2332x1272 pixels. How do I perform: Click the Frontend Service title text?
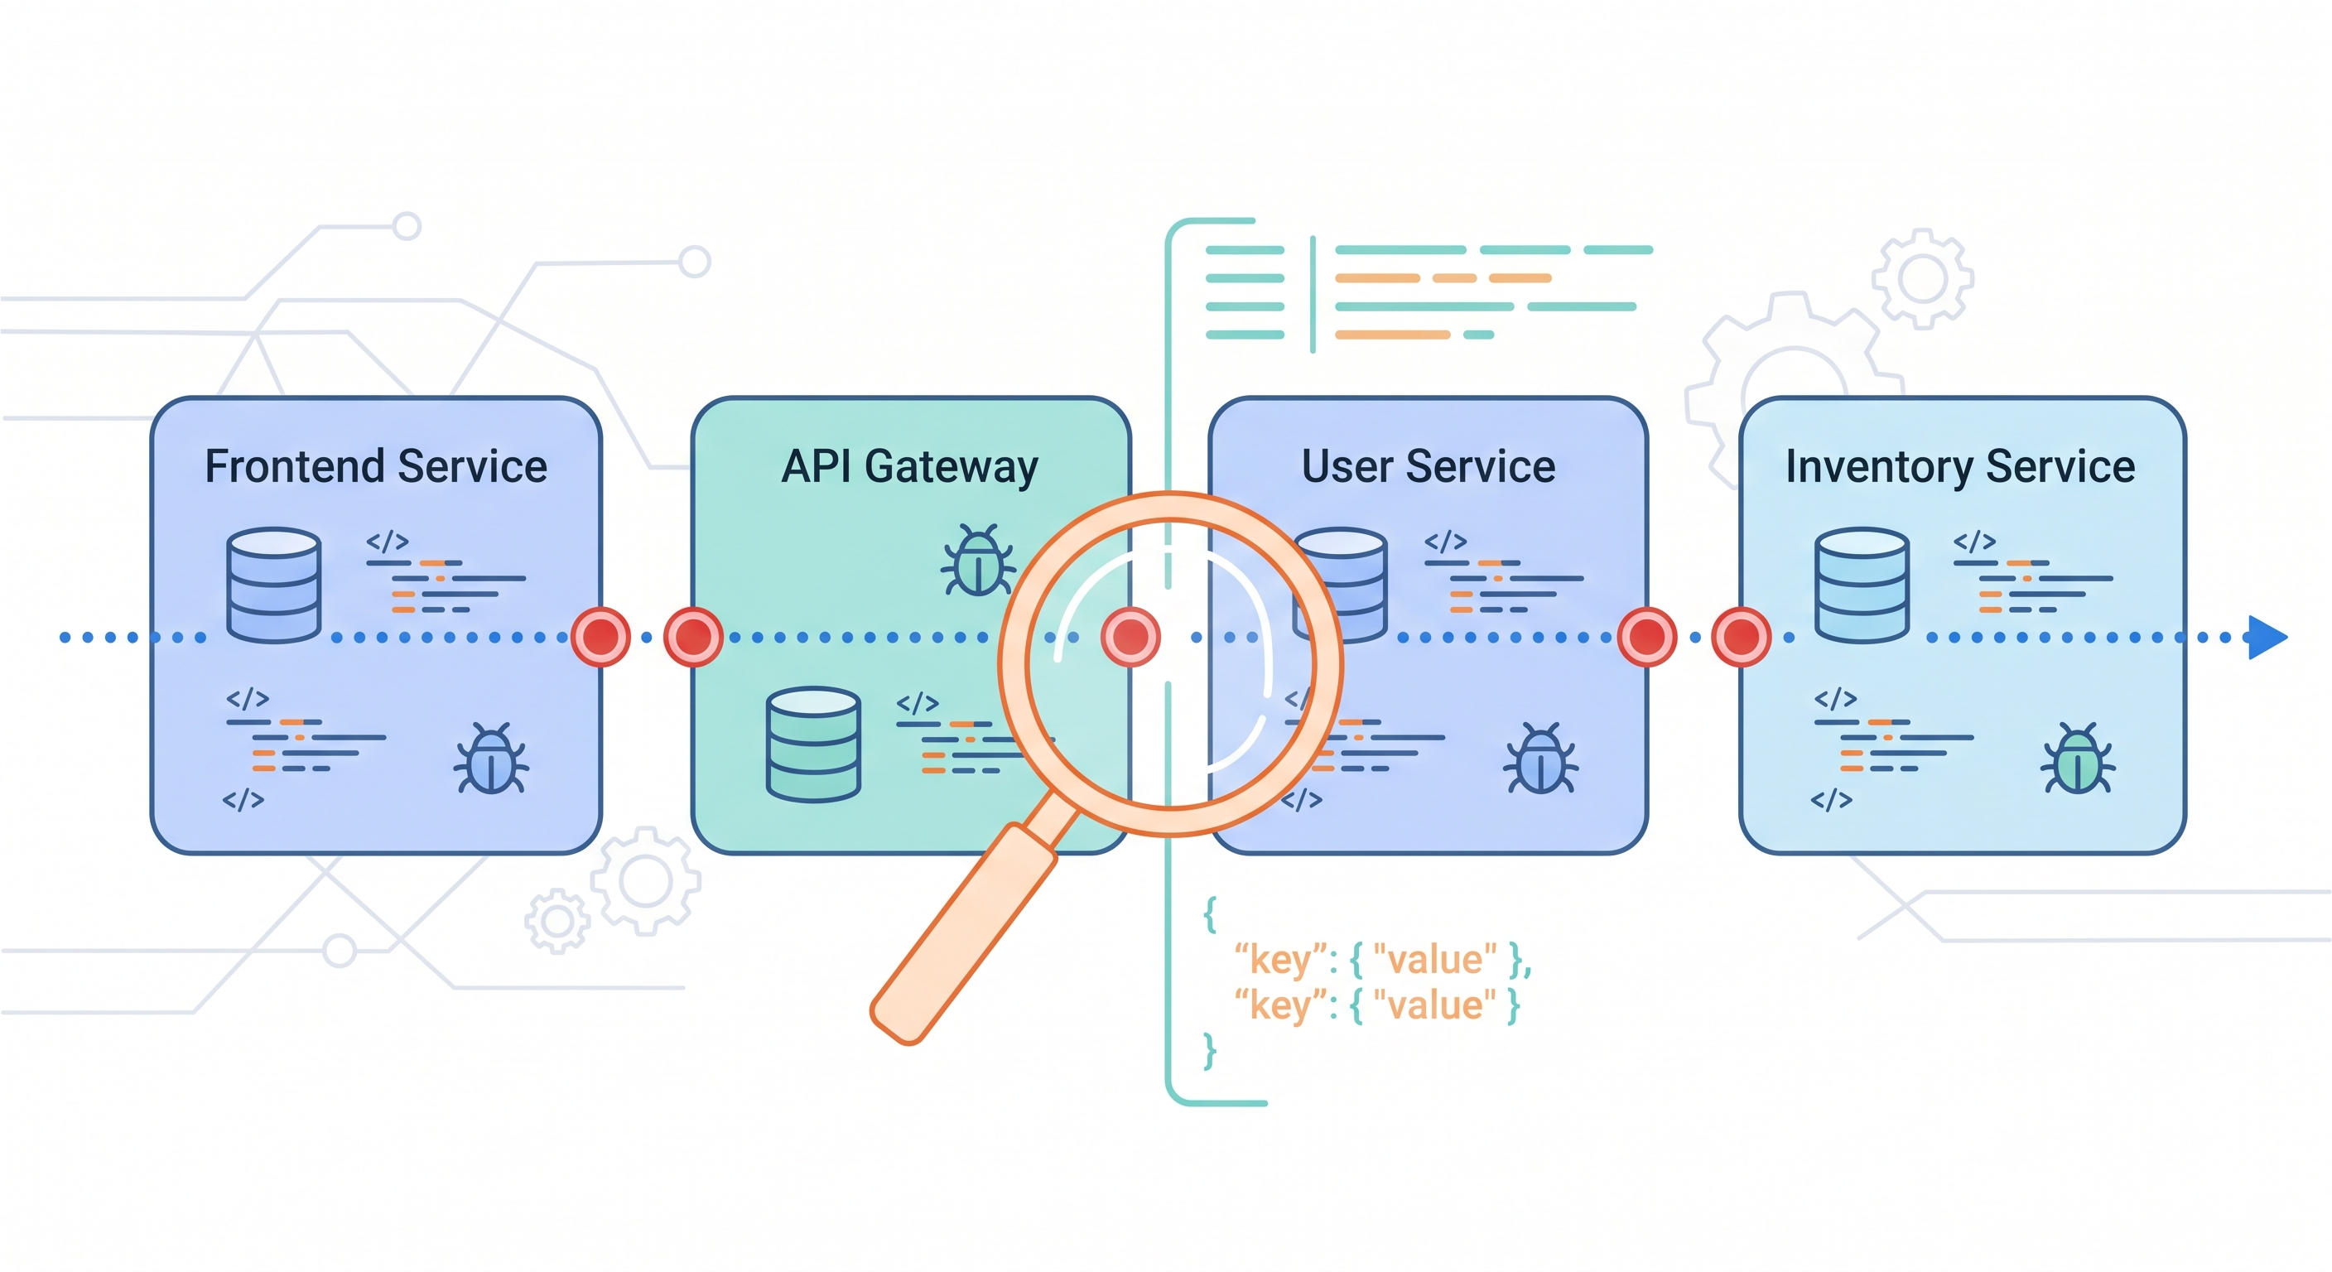tap(376, 467)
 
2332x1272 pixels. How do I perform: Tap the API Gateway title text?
tap(909, 467)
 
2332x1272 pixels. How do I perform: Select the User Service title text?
tap(1428, 467)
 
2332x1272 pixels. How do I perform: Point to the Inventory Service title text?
tap(1960, 467)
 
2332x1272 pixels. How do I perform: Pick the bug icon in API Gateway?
tap(978, 561)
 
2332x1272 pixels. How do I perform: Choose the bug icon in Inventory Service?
tap(2078, 759)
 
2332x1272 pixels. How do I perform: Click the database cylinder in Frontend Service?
tap(273, 585)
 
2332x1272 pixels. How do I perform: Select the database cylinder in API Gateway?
tap(813, 744)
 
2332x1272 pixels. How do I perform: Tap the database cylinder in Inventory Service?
tap(1862, 585)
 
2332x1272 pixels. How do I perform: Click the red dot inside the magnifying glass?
tap(1130, 638)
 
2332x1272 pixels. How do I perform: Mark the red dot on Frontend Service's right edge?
tap(601, 638)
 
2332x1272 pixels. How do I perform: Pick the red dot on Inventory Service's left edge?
tap(1741, 638)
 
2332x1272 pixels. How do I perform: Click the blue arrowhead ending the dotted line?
tap(2267, 638)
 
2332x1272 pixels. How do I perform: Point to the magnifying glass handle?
tap(964, 932)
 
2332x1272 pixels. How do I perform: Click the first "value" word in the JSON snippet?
tap(1435, 960)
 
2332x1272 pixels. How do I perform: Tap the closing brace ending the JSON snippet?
tap(1209, 1051)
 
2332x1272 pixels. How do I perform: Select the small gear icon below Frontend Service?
tap(556, 922)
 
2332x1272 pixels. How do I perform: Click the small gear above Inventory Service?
tap(1922, 278)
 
